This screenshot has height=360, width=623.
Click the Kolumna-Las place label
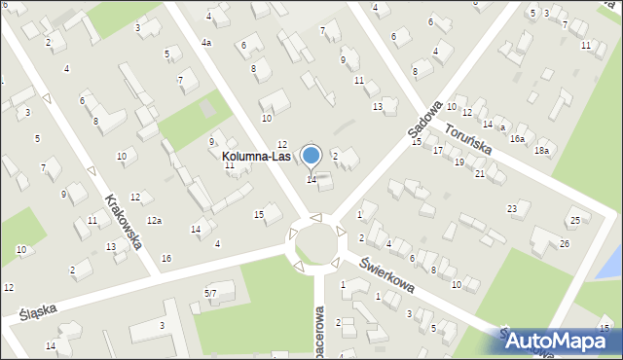[256, 156]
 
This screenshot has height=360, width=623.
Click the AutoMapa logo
[560, 341]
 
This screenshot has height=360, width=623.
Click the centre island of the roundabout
[317, 240]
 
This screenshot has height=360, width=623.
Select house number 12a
[154, 220]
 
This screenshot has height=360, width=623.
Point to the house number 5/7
[210, 293]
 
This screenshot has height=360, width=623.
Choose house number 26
[565, 243]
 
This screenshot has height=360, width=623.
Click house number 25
[574, 221]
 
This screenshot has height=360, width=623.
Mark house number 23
[512, 209]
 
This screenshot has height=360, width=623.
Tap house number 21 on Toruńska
[480, 173]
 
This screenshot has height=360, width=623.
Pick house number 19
[458, 162]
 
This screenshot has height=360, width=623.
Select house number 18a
[541, 151]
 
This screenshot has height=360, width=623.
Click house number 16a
[517, 139]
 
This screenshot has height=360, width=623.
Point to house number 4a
[206, 43]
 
